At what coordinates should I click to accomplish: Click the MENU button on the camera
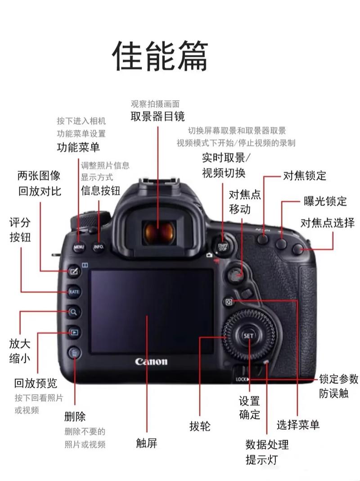point(79,247)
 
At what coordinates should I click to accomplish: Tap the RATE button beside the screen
point(74,292)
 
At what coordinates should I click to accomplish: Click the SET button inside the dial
point(248,336)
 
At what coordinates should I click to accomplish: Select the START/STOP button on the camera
point(222,246)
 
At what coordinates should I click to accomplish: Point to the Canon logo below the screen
point(151,362)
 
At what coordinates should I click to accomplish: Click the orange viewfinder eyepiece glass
point(158,231)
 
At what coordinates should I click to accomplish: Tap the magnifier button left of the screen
point(74,311)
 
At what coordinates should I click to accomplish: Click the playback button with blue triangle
point(74,333)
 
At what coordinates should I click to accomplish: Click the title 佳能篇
point(160,56)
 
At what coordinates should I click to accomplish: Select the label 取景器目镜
point(157,117)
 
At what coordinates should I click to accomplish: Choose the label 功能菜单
point(78,147)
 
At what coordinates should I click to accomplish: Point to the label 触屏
point(147,443)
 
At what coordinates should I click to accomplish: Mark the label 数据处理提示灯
point(267,452)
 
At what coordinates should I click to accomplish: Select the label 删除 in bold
point(75,416)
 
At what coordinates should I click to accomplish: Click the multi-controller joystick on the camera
point(235,273)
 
